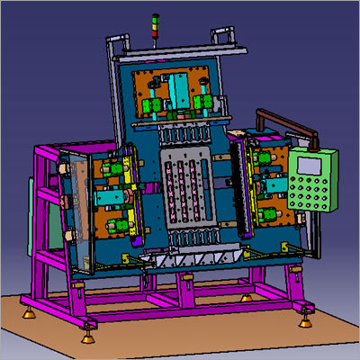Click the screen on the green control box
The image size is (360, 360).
[308, 164]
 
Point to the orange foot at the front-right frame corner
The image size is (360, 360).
[308, 316]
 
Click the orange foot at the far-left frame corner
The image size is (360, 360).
[29, 312]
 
